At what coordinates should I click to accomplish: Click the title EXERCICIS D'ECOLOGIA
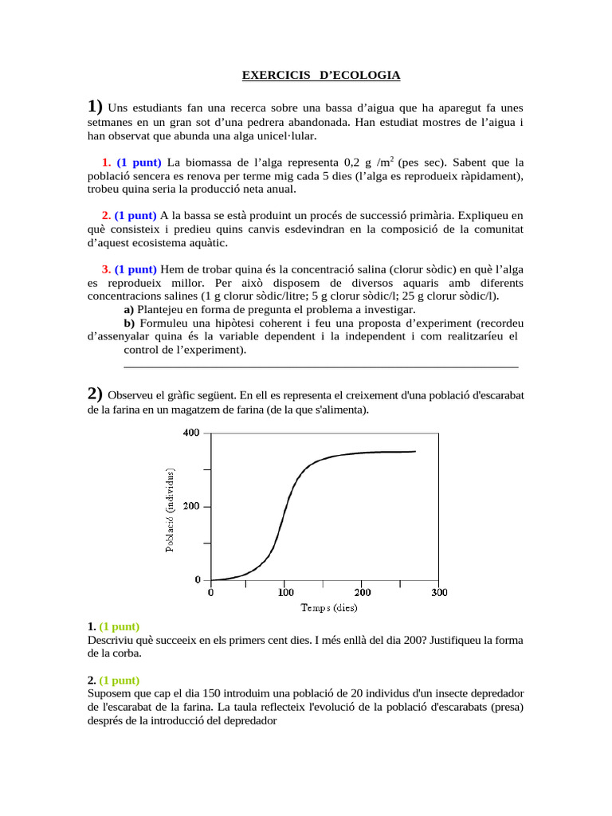[x=321, y=76]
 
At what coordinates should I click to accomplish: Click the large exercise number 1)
[x=95, y=107]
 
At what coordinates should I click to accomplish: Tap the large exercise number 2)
[x=95, y=393]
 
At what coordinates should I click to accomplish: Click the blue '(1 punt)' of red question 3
[x=135, y=269]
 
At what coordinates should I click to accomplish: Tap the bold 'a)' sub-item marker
[x=129, y=309]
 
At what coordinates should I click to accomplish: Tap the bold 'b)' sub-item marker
[x=130, y=323]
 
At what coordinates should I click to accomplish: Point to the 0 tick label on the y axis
[x=197, y=579]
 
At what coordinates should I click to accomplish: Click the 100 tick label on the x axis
[x=285, y=593]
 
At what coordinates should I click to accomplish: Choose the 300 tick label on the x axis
[x=438, y=593]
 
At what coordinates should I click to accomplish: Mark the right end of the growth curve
[x=415, y=452]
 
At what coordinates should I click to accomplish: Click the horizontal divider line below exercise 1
[x=321, y=367]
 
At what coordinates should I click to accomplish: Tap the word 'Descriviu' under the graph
[x=112, y=640]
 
